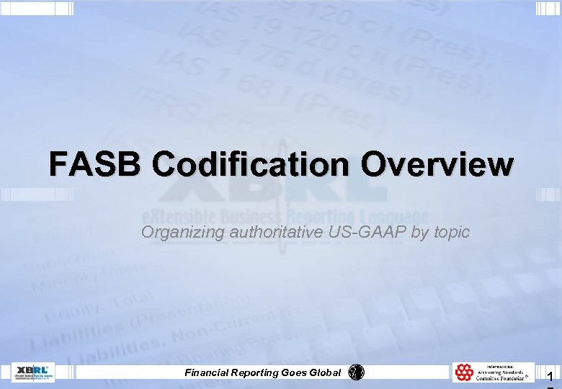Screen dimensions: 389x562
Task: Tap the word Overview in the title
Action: click(x=438, y=164)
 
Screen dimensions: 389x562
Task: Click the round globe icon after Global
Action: click(x=357, y=372)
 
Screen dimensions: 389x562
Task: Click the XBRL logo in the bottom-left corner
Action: click(x=33, y=372)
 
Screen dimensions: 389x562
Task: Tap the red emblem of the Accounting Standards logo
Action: click(x=465, y=372)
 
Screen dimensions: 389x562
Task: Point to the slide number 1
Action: click(x=550, y=377)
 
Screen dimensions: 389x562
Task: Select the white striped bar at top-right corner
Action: click(x=548, y=8)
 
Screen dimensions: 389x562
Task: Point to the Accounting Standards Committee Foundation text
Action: click(x=505, y=372)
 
